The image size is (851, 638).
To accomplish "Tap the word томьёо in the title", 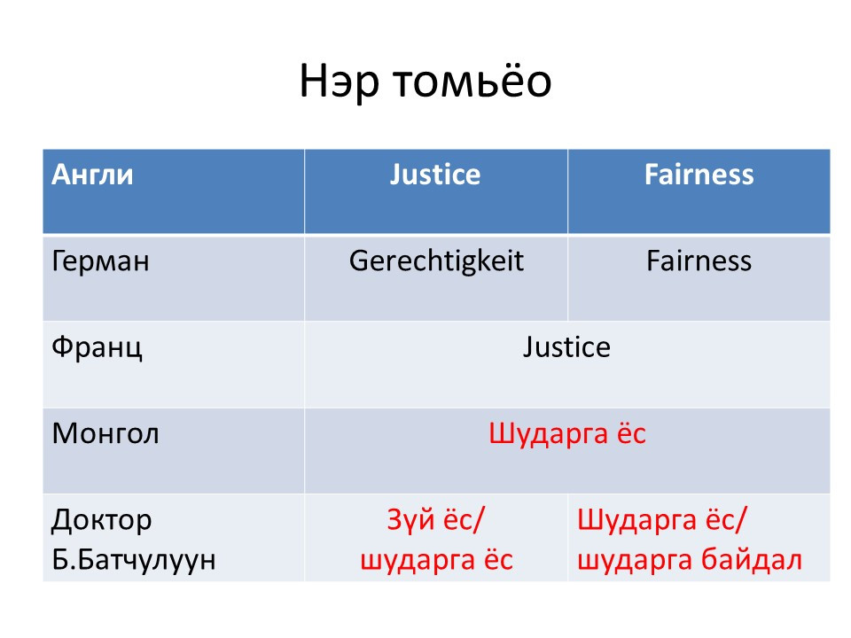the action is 472,81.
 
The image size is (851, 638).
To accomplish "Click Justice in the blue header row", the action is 435,175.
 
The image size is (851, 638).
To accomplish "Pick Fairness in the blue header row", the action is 699,175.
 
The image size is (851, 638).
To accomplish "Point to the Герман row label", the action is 100,261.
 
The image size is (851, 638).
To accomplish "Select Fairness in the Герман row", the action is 699,261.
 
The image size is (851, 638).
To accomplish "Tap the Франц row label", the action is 98,348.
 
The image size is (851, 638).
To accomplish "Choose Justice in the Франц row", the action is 566,347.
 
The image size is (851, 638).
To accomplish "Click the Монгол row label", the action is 105,434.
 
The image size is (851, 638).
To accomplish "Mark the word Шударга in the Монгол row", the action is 548,434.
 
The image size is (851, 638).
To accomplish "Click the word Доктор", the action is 101,521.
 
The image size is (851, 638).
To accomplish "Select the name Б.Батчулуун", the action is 134,560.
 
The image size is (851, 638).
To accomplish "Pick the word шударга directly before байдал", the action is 634,560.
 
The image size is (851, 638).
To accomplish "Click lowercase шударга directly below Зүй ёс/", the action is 418,560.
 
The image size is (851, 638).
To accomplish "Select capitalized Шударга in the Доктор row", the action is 636,521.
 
